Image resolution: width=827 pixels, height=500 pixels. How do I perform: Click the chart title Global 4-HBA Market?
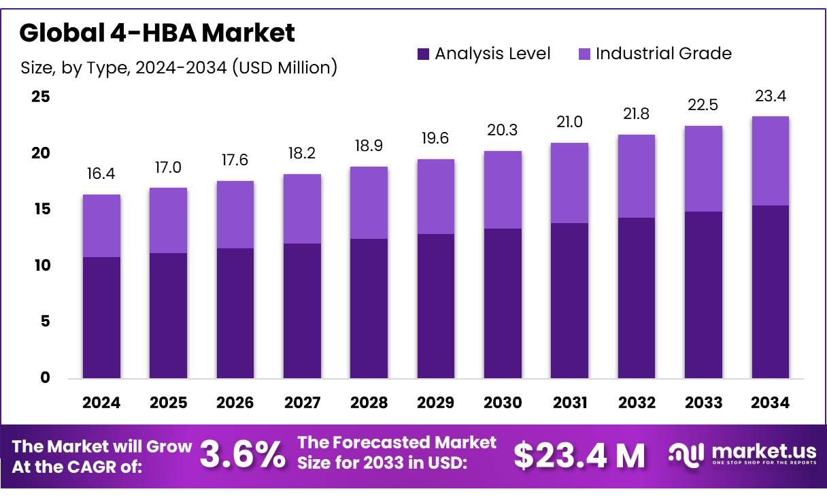point(157,33)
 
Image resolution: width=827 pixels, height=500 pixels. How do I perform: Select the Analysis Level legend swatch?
point(423,54)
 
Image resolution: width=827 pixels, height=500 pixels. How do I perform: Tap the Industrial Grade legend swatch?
point(584,54)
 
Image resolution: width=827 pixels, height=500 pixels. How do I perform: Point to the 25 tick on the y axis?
point(41,97)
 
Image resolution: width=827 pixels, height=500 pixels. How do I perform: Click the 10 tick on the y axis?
point(41,265)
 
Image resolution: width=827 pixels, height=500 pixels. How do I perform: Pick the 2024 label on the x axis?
point(101,403)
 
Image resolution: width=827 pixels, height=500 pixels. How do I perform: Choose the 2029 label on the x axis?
point(436,403)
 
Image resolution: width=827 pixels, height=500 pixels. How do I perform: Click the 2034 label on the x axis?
point(770,403)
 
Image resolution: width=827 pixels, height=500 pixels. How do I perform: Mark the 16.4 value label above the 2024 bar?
point(101,175)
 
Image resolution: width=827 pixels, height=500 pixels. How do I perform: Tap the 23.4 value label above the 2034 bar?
point(770,97)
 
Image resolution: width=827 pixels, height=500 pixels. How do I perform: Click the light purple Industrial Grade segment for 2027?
point(302,209)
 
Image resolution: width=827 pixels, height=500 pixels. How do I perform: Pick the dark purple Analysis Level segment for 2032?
point(637,298)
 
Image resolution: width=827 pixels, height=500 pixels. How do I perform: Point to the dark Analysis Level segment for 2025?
point(168,316)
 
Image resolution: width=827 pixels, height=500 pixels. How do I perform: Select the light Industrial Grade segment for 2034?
point(770,161)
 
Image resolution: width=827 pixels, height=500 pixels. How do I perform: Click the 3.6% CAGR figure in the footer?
point(242,456)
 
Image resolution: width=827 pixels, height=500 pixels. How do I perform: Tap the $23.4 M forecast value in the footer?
point(579,456)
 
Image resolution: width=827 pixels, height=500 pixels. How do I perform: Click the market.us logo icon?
point(686,455)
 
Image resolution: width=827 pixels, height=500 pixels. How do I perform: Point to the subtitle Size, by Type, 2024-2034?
point(179,67)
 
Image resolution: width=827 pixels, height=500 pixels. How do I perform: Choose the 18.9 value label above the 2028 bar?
point(369,147)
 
